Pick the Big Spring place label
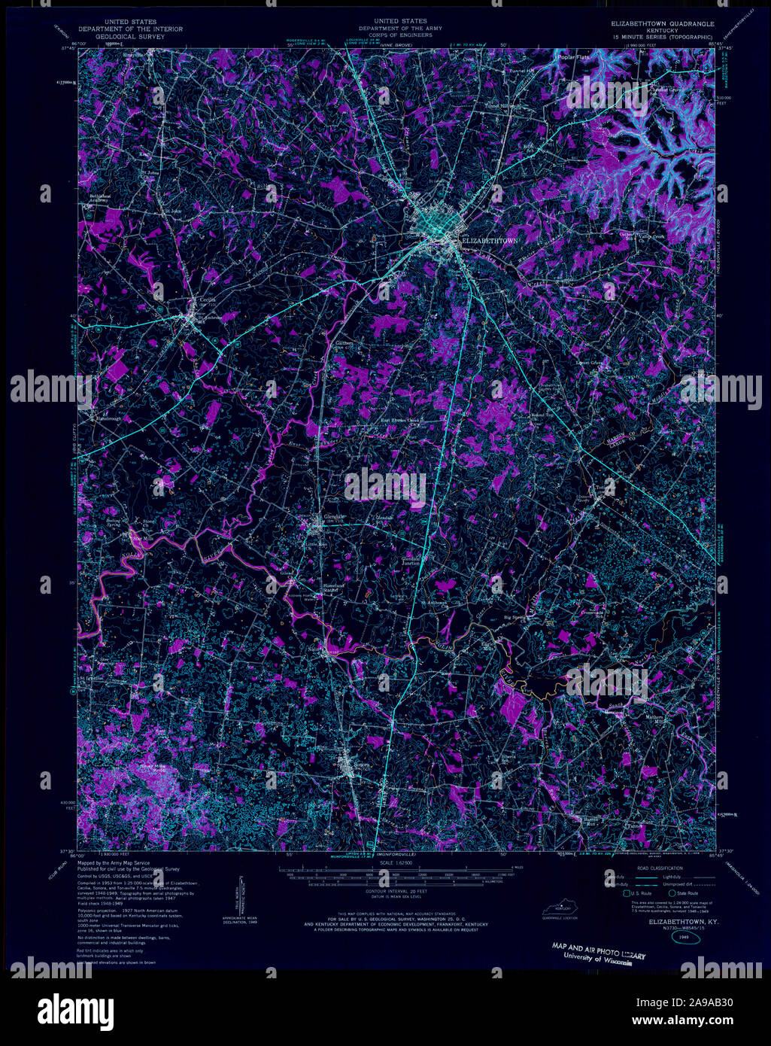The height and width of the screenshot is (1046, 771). tap(515, 618)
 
